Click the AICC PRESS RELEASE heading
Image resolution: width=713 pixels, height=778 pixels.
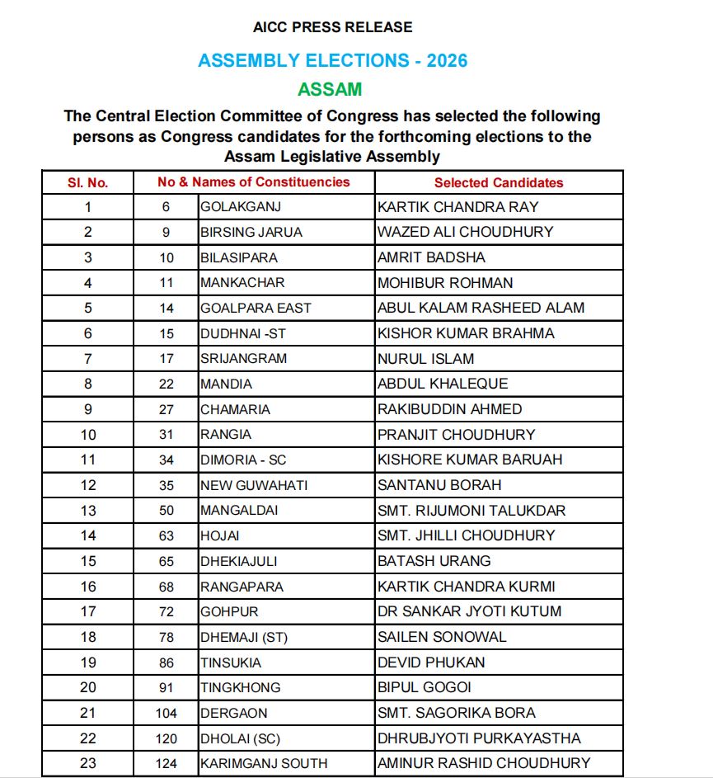333,27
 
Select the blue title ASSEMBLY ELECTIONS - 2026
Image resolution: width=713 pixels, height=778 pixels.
333,60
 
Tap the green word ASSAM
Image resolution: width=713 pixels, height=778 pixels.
330,89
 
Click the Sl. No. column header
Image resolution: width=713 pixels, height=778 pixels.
88,182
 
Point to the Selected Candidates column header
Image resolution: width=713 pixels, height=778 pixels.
499,182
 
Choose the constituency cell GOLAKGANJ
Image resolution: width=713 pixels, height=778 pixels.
241,206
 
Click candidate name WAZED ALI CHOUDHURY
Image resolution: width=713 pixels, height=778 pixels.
465,232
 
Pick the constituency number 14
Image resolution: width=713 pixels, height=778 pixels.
167,308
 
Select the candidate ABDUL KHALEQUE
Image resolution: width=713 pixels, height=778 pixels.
443,384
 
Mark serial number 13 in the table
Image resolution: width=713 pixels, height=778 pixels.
88,511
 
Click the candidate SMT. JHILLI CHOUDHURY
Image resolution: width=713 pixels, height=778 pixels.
466,535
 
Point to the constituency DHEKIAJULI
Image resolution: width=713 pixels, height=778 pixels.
238,561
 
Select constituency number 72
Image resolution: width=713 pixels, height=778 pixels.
167,612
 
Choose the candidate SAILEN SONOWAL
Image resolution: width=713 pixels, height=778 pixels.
442,637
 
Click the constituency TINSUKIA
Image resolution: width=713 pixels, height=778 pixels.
231,662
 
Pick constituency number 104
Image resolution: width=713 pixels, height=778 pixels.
167,713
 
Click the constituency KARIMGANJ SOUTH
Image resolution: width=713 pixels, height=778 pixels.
264,763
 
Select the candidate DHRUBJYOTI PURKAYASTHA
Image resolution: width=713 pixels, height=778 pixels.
479,738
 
